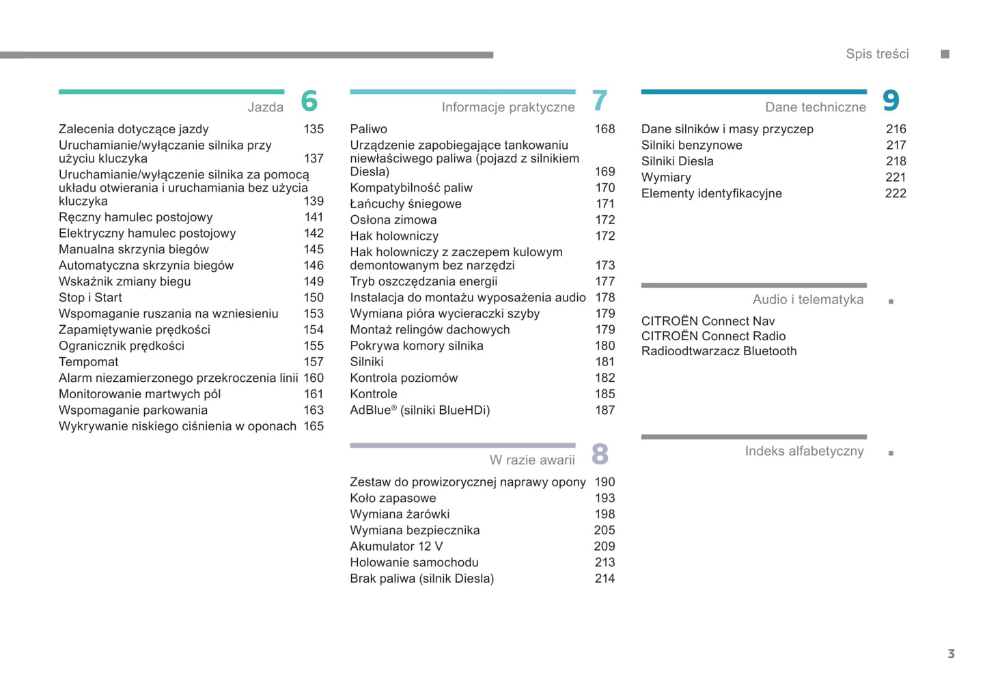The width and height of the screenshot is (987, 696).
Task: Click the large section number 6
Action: (x=309, y=101)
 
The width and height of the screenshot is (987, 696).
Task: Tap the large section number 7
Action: (x=600, y=101)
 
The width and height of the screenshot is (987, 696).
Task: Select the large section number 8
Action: (x=600, y=454)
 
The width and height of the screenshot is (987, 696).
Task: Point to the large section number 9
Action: (x=891, y=101)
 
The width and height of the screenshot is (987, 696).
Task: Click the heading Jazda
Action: (x=265, y=107)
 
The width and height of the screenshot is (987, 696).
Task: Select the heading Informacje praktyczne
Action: (x=508, y=107)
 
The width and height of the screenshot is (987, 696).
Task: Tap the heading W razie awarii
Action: (x=531, y=460)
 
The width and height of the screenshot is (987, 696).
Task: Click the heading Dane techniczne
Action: (x=815, y=107)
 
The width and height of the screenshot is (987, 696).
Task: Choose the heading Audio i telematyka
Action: (x=807, y=300)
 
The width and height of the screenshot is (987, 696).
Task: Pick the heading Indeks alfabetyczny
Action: (x=804, y=451)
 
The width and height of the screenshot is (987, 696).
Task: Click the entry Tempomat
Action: (x=88, y=362)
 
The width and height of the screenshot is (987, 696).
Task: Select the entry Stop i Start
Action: (x=90, y=298)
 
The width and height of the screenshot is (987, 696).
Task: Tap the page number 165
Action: (x=314, y=426)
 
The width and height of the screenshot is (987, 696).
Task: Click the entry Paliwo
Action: (x=368, y=129)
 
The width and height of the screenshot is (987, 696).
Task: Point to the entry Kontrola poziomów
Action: (x=404, y=378)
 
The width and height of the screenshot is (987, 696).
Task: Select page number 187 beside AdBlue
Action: (x=604, y=410)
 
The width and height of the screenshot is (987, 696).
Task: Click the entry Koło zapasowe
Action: (x=393, y=499)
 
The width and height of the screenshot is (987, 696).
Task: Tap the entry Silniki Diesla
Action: (x=677, y=161)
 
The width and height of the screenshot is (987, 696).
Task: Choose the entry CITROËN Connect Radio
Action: (x=713, y=336)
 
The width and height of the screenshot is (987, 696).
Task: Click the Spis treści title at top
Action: (x=877, y=54)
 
